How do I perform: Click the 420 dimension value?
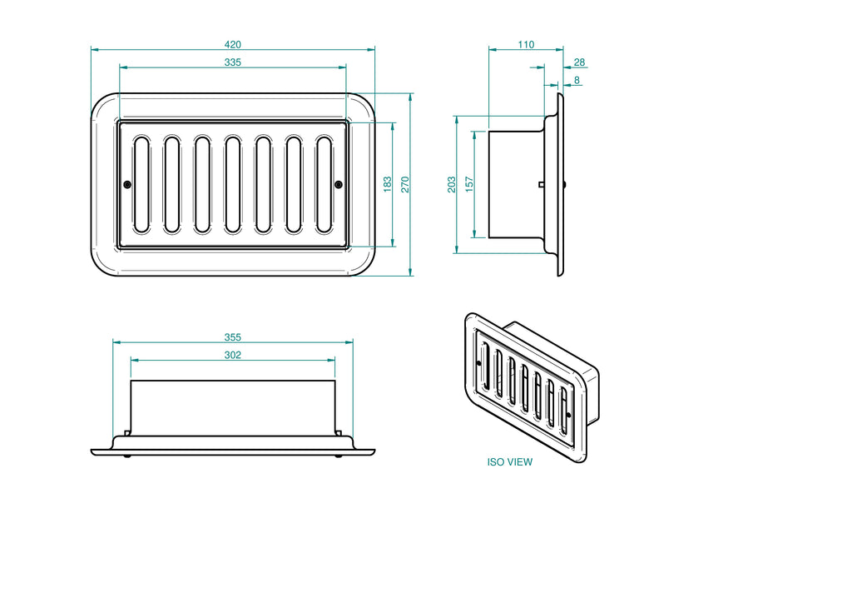pos(233,44)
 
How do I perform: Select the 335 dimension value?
pos(233,62)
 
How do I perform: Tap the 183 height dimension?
pos(388,184)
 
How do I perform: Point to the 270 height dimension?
pos(406,184)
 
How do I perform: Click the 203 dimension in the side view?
pos(451,184)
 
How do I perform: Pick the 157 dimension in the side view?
pos(469,184)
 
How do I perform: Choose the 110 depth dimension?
pos(526,44)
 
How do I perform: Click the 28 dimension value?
pos(580,62)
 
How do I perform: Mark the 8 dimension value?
pos(577,81)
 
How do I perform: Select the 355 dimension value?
pos(233,337)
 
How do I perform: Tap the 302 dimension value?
pos(233,356)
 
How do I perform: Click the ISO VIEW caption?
pos(510,461)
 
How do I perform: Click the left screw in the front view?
pos(127,184)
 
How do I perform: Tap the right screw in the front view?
pos(338,184)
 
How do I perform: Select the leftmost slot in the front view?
pos(141,184)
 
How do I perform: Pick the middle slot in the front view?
pos(233,184)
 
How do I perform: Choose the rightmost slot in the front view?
pos(324,184)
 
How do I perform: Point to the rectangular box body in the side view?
pos(516,184)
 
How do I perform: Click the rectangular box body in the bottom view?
pos(233,408)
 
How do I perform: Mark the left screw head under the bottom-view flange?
pos(126,456)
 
